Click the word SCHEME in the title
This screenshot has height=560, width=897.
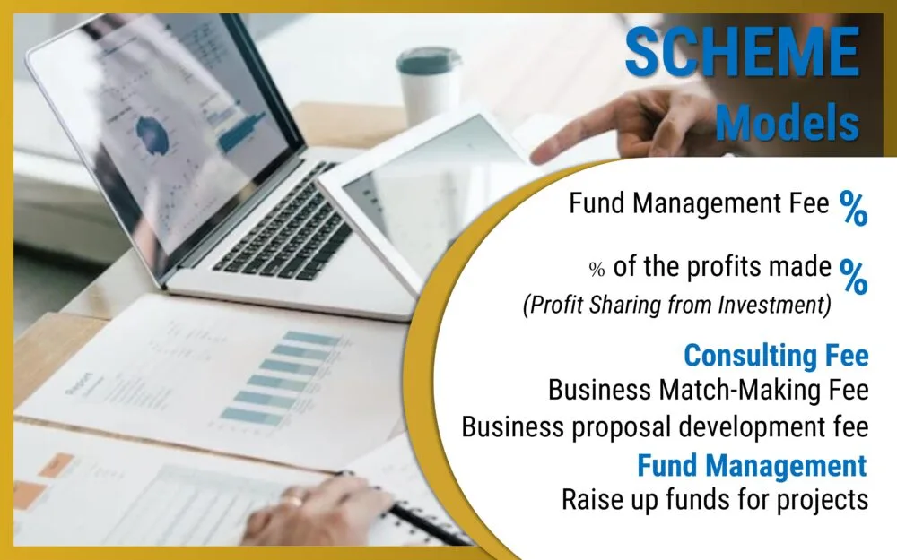(x=743, y=52)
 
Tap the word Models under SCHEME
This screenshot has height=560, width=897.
(x=788, y=122)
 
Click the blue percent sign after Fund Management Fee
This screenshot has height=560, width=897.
(x=854, y=208)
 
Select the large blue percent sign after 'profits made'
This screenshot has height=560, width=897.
(x=854, y=276)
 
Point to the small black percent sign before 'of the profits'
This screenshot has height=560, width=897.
(x=597, y=269)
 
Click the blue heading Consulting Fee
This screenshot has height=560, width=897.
(x=776, y=355)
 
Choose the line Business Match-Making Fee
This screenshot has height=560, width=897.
(x=709, y=391)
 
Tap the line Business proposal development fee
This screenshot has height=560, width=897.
(x=666, y=426)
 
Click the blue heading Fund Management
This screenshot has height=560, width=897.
(x=753, y=465)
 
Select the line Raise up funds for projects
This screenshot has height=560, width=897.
(x=715, y=499)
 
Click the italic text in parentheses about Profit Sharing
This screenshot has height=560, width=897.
(x=676, y=305)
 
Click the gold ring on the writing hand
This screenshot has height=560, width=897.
(x=294, y=500)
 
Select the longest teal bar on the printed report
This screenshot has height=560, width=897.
(x=312, y=339)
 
